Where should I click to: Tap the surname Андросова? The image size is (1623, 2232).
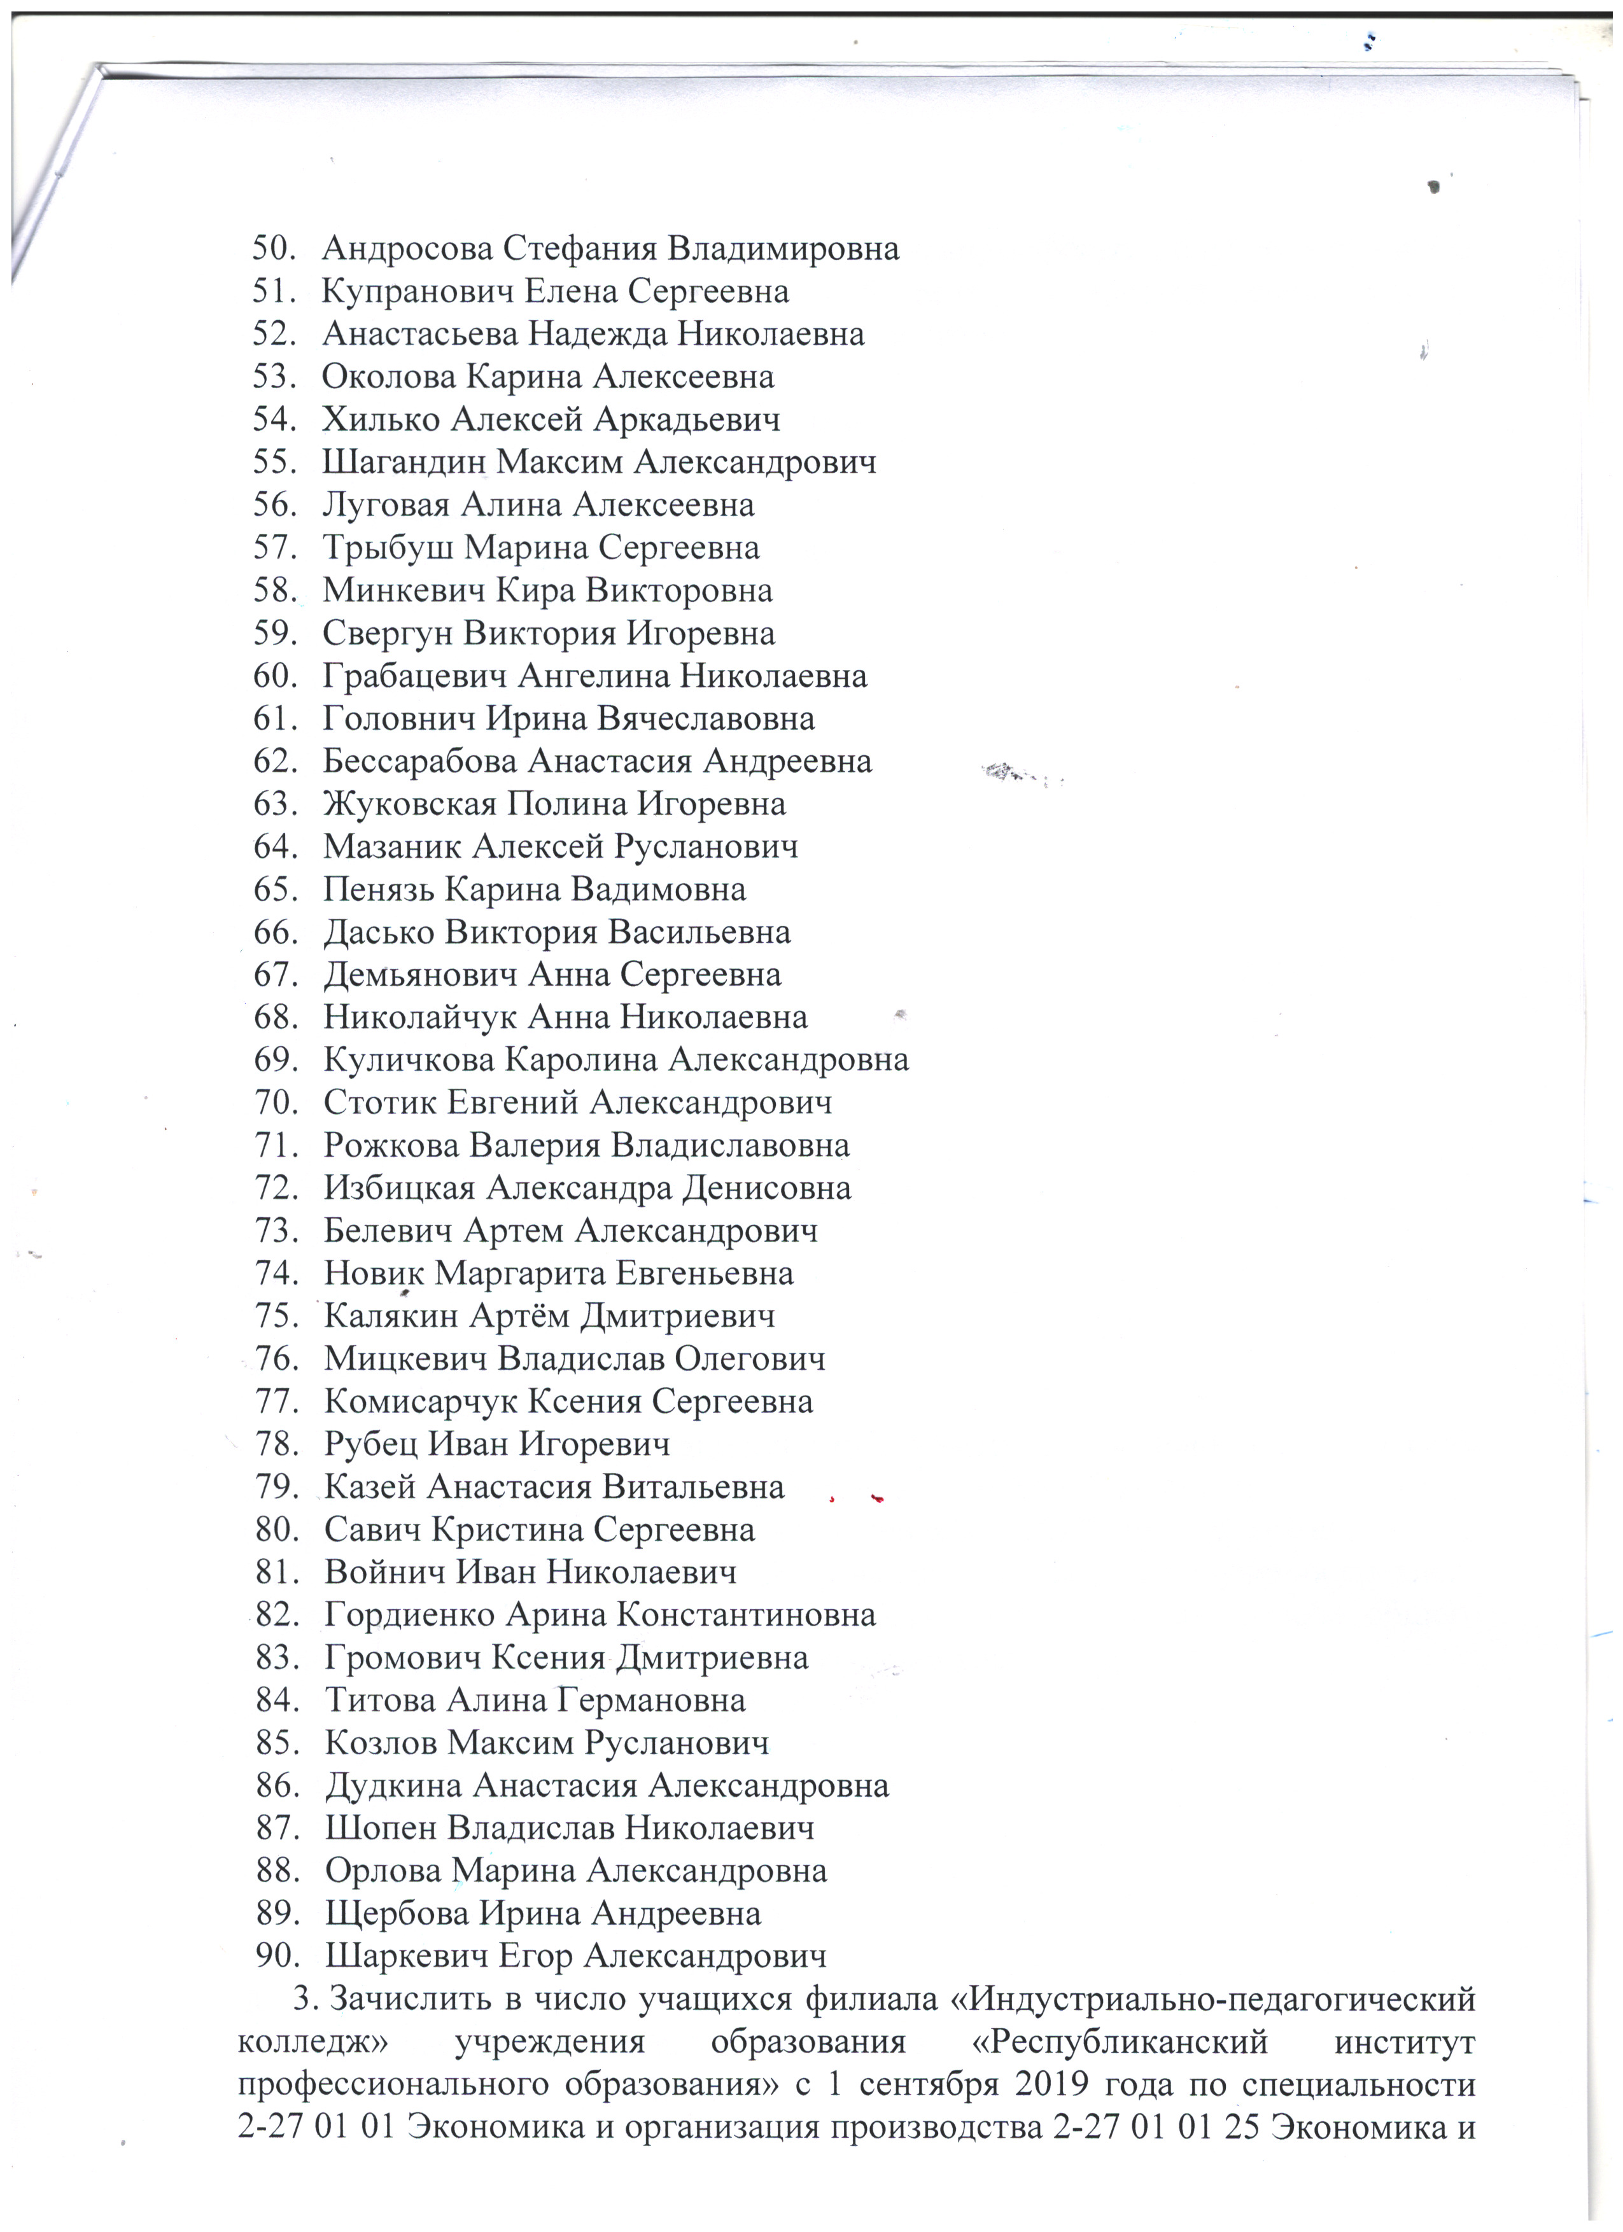coord(407,248)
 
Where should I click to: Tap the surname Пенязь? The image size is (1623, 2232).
coord(380,889)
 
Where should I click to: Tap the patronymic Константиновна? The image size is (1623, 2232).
coord(746,1615)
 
